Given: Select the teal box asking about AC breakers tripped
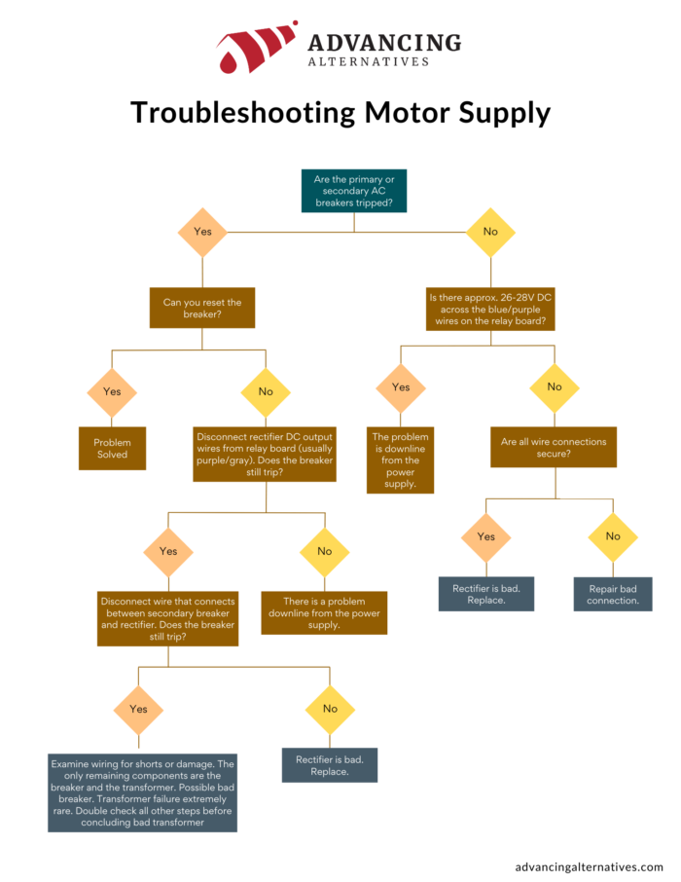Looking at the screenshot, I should (x=354, y=190).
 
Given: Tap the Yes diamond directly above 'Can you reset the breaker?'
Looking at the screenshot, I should (x=202, y=233).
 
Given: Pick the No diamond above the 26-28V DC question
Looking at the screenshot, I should (x=490, y=233).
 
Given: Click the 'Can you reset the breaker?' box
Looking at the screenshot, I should (x=202, y=309).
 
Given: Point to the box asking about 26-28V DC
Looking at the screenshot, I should (x=490, y=309).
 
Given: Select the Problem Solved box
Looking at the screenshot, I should (x=112, y=449).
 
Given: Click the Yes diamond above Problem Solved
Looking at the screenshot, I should (x=112, y=391).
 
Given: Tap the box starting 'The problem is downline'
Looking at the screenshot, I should (x=401, y=459).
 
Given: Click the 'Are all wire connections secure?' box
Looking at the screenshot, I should (x=554, y=448).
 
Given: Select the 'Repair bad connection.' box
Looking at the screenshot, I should (x=613, y=594).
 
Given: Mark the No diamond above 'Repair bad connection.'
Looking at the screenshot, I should (x=613, y=536).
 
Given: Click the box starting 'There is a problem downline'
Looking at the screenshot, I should (x=324, y=612).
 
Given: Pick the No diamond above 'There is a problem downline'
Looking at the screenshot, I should (x=324, y=551).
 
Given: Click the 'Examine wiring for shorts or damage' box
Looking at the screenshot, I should (x=142, y=792).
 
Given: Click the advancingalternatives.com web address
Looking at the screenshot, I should (x=589, y=865).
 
